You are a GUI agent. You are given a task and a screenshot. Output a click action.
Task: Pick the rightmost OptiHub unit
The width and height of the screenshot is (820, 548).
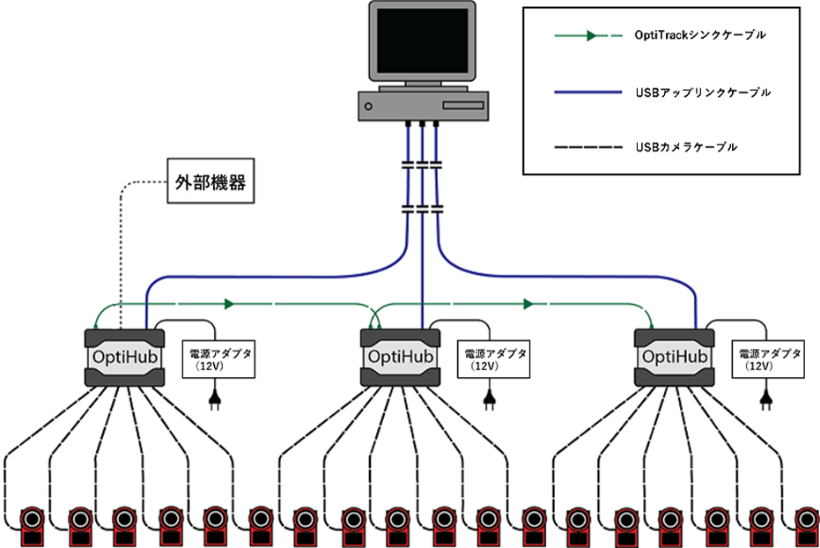click(x=675, y=357)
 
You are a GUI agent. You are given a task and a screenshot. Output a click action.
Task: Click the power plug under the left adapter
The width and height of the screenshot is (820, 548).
click(x=211, y=401)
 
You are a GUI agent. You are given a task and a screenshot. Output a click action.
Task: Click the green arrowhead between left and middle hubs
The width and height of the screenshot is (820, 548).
click(x=229, y=304)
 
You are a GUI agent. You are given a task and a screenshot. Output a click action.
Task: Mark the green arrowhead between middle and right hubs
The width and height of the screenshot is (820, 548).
click(x=528, y=304)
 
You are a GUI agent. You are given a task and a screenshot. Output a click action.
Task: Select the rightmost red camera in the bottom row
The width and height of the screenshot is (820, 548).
click(x=806, y=526)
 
